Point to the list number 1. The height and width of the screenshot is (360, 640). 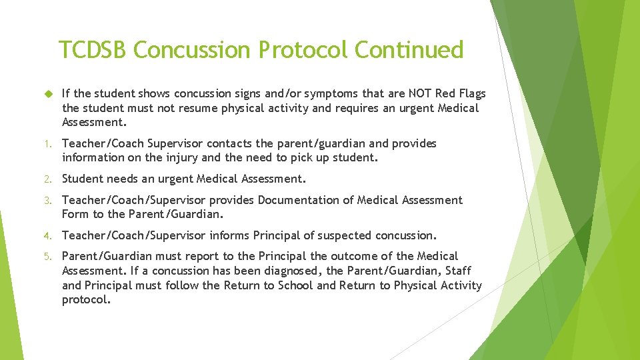coord(47,144)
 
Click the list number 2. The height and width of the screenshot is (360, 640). coord(47,179)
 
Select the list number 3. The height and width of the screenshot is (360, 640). coord(47,201)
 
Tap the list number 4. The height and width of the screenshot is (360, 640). coord(47,236)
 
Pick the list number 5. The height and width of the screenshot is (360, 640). coord(47,257)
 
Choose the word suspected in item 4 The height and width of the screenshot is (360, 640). coord(345,235)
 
